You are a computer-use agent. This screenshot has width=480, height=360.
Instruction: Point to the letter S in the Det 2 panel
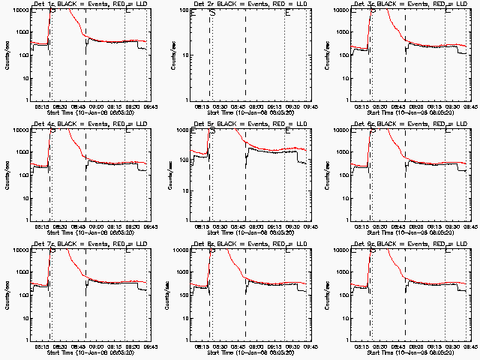pyautogui.click(x=212, y=13)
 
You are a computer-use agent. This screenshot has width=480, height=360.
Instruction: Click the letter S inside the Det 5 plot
pyautogui.click(x=212, y=132)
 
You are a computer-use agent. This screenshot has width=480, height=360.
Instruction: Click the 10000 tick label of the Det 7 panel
pyautogui.click(x=20, y=250)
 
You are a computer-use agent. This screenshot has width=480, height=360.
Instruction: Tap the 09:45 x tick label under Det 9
pyautogui.click(x=467, y=346)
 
